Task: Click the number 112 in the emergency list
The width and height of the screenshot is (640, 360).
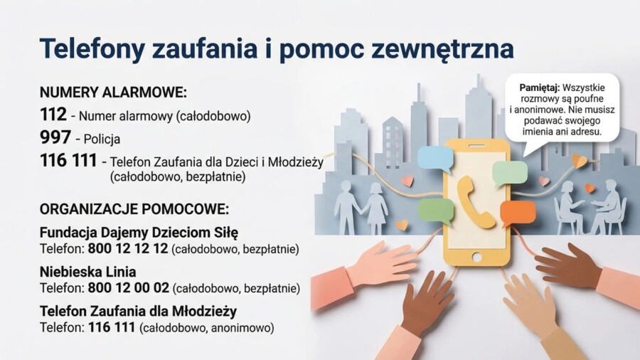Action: [x=53, y=115]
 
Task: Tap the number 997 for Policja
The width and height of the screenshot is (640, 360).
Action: [x=55, y=138]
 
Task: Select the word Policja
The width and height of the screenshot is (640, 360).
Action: [x=102, y=139]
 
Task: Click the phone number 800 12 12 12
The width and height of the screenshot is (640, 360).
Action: [x=128, y=249]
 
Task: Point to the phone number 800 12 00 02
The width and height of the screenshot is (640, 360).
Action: [x=129, y=288]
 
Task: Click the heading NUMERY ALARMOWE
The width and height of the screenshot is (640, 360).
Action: [x=113, y=92]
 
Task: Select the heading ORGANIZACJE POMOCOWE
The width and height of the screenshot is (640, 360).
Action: [x=134, y=210]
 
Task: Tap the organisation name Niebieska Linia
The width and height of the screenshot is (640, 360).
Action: [x=88, y=272]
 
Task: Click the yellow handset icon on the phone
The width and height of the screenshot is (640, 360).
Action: [x=476, y=201]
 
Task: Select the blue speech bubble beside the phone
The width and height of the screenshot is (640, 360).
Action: [x=434, y=159]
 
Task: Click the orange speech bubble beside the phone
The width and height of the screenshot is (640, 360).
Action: [x=517, y=212]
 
